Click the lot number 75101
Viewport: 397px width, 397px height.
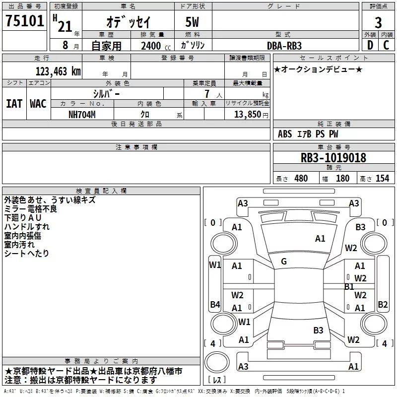24,22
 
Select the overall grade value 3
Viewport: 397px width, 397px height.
378,22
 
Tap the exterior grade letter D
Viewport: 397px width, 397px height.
370,45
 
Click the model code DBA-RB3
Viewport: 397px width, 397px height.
284,45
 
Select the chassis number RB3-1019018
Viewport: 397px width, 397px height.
333,158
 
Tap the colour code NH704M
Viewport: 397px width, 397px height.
83,114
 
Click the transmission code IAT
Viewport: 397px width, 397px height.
14,103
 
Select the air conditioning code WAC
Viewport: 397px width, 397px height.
38,103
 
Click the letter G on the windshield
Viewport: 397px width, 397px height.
284,262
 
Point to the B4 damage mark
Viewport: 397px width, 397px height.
214,304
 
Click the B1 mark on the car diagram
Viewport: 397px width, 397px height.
349,286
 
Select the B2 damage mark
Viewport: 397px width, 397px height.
383,304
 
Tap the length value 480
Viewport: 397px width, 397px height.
301,179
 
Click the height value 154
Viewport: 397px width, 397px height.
382,179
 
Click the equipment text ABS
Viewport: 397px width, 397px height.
285,134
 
